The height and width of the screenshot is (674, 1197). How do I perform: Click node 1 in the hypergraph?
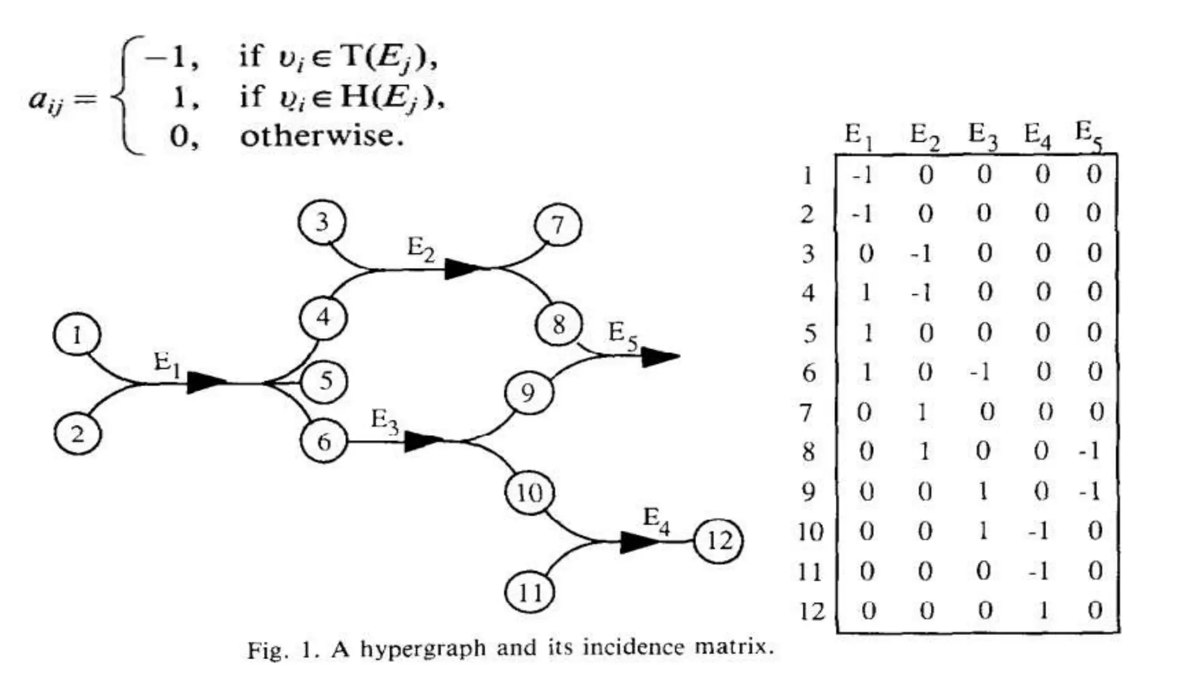pyautogui.click(x=77, y=336)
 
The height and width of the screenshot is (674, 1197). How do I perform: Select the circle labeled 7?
pyautogui.click(x=558, y=225)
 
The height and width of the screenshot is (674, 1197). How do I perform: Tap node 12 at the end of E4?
pyautogui.click(x=718, y=541)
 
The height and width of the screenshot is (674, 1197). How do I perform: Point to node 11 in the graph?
pyautogui.click(x=530, y=593)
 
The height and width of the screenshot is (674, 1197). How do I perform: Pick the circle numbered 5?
pyautogui.click(x=324, y=381)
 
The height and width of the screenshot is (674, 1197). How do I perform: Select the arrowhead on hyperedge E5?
pyautogui.click(x=659, y=356)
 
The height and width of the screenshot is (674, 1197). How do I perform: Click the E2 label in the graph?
pyautogui.click(x=421, y=250)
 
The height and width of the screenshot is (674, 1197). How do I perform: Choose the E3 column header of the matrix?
pyautogui.click(x=982, y=136)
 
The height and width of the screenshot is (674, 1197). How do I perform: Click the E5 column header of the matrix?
pyautogui.click(x=1089, y=135)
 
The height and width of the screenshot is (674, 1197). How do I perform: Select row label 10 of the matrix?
pyautogui.click(x=810, y=532)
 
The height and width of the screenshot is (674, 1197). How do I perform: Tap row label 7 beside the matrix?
pyautogui.click(x=807, y=413)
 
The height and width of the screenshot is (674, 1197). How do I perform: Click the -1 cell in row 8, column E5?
pyautogui.click(x=1090, y=451)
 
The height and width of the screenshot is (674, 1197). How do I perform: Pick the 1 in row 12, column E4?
pyautogui.click(x=1043, y=611)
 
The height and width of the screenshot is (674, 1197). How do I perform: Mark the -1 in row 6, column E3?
pyautogui.click(x=980, y=372)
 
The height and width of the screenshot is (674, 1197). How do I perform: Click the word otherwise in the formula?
pyautogui.click(x=322, y=136)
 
